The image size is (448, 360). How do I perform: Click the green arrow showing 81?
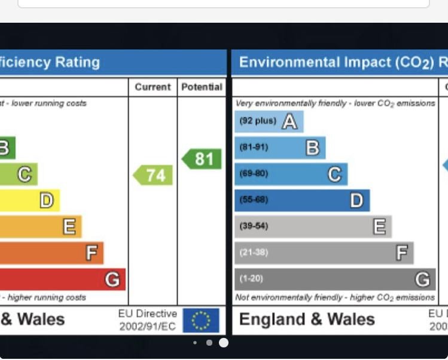202,159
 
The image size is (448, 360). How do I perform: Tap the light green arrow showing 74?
153,175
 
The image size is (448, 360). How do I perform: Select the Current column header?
153,87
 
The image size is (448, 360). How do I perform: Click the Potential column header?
202,87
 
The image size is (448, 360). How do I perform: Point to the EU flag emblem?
201,321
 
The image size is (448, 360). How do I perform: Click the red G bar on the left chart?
63,279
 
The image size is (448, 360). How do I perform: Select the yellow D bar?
30,200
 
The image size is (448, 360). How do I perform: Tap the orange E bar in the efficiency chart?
41,227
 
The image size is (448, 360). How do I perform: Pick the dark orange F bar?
51,253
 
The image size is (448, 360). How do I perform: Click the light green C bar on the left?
19,174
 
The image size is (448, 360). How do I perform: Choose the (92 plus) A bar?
269,121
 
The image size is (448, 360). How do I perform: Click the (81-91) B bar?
280,148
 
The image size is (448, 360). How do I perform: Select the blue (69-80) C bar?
291,174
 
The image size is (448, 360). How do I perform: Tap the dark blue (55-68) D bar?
302,200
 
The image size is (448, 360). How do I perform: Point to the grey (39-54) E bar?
313,227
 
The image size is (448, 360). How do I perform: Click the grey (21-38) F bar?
324,253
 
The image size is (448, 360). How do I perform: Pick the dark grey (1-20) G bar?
335,279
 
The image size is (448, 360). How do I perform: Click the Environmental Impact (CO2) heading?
341,62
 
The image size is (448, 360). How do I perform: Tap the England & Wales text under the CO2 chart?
307,319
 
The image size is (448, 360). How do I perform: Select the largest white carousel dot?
224,343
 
